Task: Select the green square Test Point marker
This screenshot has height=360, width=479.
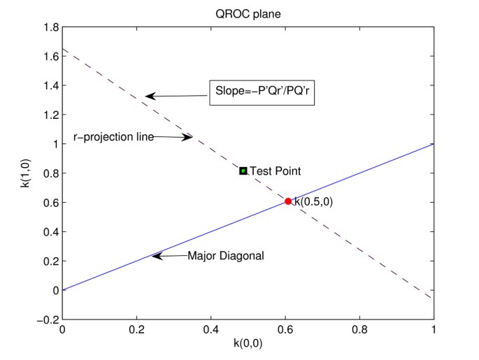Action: [x=243, y=171]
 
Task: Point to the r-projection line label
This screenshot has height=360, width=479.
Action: [x=113, y=136]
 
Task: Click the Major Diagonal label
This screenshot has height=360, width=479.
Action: [x=226, y=256]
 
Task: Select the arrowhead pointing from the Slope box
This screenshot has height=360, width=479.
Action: [x=150, y=96]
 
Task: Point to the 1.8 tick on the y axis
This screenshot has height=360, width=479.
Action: [x=50, y=27]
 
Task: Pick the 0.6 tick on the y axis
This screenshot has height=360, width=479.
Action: [x=50, y=202]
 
